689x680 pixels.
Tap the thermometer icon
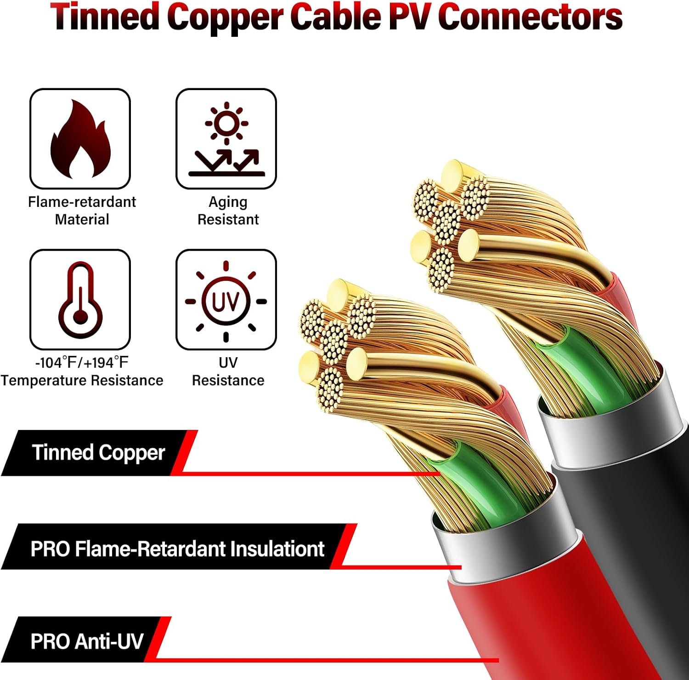pos(80,299)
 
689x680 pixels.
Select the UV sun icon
pos(226,301)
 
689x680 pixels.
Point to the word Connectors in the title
pos(530,17)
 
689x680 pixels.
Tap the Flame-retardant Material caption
pos(82,211)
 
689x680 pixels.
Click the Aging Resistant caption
pos(228,211)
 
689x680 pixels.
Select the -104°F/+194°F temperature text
pos(82,363)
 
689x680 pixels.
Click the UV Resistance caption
pos(228,371)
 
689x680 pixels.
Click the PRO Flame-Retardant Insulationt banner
pos(177,549)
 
